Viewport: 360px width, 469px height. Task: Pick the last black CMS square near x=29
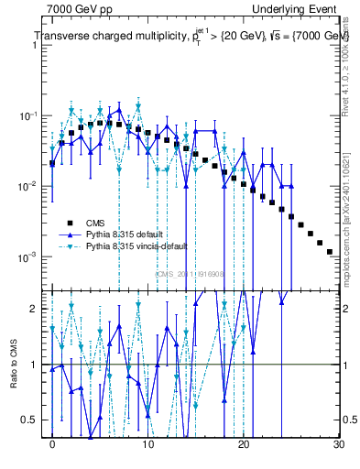(329, 251)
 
